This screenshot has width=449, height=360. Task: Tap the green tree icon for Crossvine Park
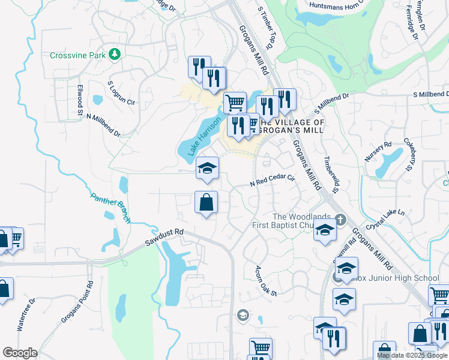(114, 55)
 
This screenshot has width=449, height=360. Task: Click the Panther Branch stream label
(110, 207)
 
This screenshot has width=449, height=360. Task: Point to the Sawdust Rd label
(164, 238)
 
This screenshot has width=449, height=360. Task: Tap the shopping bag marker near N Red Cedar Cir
(206, 203)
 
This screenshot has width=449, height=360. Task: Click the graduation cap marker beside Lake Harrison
(207, 169)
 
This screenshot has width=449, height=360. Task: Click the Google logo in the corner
(20, 353)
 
